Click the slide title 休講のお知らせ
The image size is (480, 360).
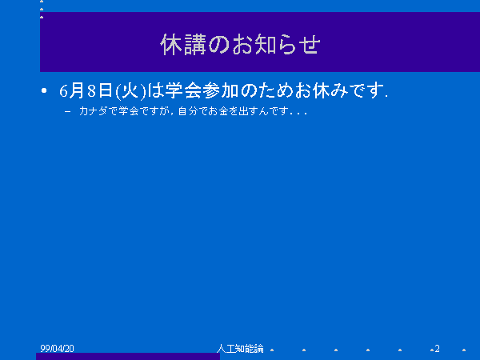[240, 45]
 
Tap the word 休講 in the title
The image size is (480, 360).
[183, 45]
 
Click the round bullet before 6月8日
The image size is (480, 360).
[44, 90]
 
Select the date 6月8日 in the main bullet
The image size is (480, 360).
[86, 90]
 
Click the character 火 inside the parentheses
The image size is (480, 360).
[130, 90]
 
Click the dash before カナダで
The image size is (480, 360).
[68, 111]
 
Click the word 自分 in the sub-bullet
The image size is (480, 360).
[188, 111]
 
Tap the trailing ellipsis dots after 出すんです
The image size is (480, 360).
[298, 114]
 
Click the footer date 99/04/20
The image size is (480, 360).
[58, 348]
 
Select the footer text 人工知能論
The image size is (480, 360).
[240, 348]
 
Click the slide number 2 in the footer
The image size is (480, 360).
[437, 348]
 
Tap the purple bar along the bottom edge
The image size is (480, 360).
[128, 356]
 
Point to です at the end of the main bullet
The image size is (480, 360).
[367, 90]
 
